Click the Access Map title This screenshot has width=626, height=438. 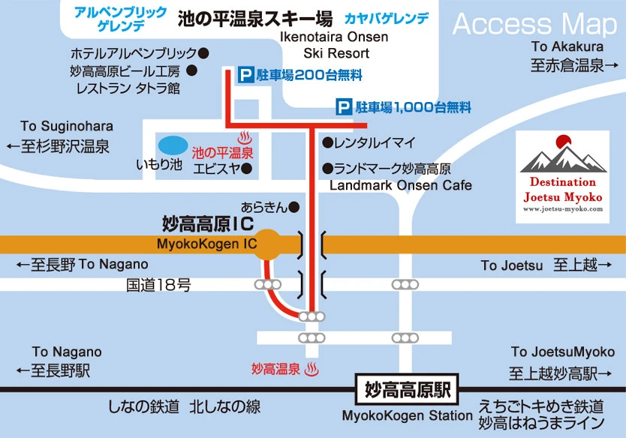[534, 24]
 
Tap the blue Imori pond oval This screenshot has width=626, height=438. [173, 144]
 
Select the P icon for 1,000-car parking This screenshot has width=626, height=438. [344, 107]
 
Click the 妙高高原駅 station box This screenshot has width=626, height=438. [407, 390]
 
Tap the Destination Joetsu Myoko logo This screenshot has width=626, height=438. [563, 176]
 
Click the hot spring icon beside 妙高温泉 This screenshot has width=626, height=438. [314, 369]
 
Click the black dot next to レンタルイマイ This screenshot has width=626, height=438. [327, 142]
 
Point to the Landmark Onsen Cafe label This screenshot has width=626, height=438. [401, 184]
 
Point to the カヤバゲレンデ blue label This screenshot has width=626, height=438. [387, 17]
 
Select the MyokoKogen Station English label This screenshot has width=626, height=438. [408, 415]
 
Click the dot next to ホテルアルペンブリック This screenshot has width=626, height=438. [203, 53]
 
